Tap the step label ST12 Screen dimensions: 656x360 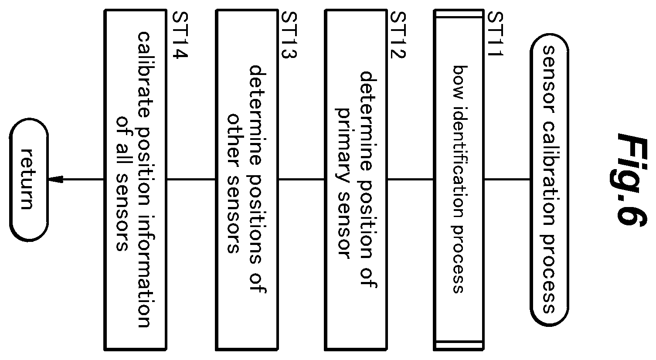click(x=398, y=35)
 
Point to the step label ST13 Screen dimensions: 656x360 click(x=289, y=35)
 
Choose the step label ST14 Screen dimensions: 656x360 click(x=180, y=35)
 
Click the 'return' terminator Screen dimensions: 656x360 click(x=29, y=180)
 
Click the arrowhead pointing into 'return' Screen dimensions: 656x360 click(x=56, y=179)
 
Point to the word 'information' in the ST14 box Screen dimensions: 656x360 click(x=144, y=272)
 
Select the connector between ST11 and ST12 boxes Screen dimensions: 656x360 click(x=410, y=179)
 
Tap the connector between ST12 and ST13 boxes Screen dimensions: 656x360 click(x=301, y=179)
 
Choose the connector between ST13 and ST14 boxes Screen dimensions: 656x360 click(x=191, y=179)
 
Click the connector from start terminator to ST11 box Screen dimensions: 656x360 click(x=507, y=179)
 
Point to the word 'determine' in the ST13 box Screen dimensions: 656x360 click(x=257, y=115)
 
